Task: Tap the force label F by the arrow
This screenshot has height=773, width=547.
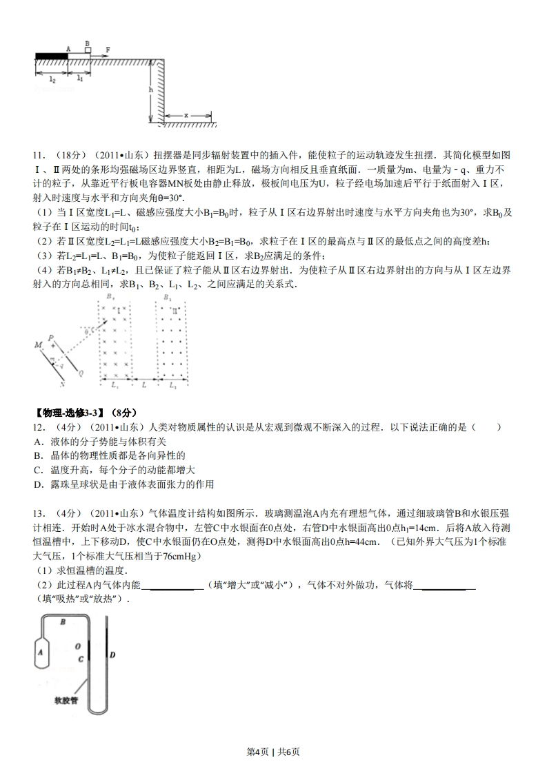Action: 108,50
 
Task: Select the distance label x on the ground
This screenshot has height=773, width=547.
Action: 186,115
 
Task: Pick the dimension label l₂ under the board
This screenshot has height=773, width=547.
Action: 52,79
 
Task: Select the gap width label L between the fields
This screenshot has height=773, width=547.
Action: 143,382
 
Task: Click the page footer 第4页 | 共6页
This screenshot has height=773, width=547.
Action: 273,752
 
